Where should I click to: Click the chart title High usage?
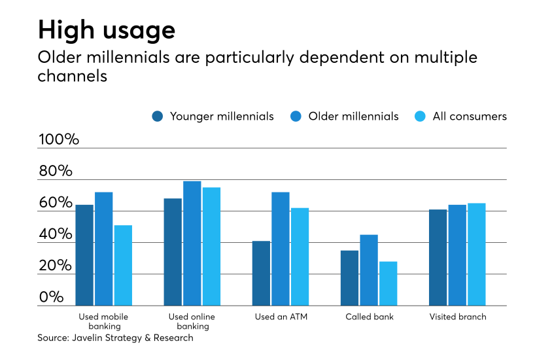tap(106, 30)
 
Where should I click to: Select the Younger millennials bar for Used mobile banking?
tap(84, 255)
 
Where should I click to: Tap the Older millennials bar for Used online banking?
tap(192, 243)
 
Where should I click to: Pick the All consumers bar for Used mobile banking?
tap(123, 265)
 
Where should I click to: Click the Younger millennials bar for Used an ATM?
tap(262, 273)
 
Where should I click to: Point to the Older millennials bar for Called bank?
tap(369, 270)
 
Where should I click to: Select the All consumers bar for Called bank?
tap(388, 283)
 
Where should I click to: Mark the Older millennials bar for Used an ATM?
tap(281, 249)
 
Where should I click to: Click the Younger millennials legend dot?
tap(158, 117)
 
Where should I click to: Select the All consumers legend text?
tap(470, 117)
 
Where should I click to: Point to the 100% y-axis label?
tap(60, 139)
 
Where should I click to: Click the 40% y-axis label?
tap(55, 234)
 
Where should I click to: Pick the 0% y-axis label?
tap(51, 297)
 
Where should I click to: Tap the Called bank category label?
tap(370, 317)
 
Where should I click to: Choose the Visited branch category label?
tap(458, 317)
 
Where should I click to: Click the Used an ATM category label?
tap(281, 317)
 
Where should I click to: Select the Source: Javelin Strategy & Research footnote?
tap(115, 338)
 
